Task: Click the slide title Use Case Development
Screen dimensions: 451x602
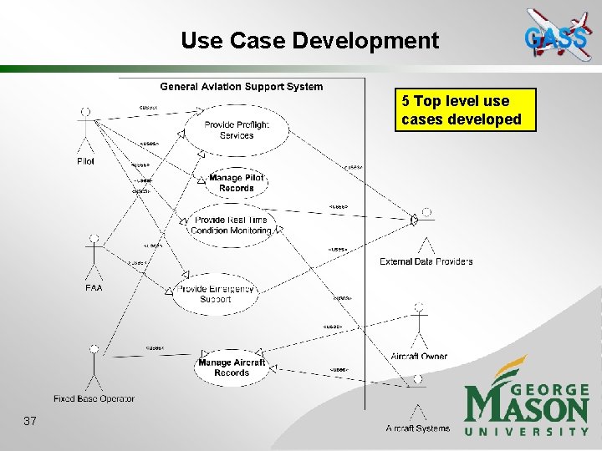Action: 309,40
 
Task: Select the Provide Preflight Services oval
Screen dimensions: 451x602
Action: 237,129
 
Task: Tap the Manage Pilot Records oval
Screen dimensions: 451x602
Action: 237,183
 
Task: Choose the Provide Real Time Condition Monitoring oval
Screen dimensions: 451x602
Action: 232,225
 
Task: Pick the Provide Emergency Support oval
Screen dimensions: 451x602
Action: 216,294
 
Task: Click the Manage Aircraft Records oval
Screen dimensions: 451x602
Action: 232,367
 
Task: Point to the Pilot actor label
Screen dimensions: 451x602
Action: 85,161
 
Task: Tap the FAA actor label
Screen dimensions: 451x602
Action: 94,288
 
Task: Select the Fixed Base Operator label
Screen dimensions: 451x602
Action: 94,398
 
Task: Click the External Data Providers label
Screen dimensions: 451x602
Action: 426,261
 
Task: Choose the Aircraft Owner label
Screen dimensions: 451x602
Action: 419,357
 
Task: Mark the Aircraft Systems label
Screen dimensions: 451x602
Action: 417,428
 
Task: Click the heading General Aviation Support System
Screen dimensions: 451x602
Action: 241,87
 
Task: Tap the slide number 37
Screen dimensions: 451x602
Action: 30,421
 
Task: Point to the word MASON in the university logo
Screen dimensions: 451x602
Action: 527,408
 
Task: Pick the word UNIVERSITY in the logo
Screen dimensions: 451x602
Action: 527,431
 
